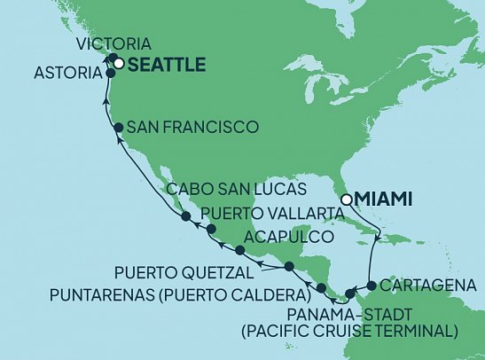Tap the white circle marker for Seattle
tap(118, 63)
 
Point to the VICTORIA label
tap(113, 43)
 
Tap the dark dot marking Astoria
tap(111, 74)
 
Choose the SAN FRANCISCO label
tap(192, 128)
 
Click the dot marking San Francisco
tap(117, 129)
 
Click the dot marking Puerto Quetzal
tap(288, 267)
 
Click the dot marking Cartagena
tap(372, 286)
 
